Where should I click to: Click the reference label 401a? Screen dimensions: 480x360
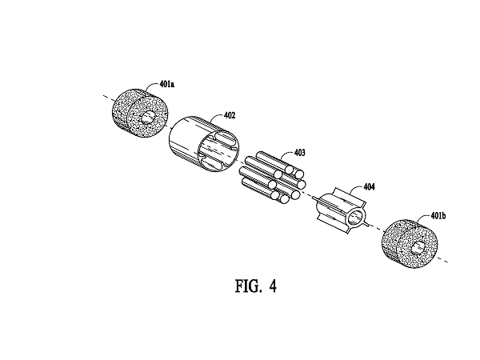point(167,83)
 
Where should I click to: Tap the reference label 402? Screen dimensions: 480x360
point(230,115)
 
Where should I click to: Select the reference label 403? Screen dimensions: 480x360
point(299,153)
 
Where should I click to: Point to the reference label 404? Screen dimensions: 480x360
point(369,186)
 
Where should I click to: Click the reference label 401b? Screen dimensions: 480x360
point(438,216)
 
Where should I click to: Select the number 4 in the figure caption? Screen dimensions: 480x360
point(273,286)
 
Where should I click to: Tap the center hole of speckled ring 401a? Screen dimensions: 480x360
point(149,118)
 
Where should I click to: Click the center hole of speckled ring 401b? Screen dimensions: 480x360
point(418,248)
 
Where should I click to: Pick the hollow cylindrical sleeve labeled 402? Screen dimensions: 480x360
point(203,143)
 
